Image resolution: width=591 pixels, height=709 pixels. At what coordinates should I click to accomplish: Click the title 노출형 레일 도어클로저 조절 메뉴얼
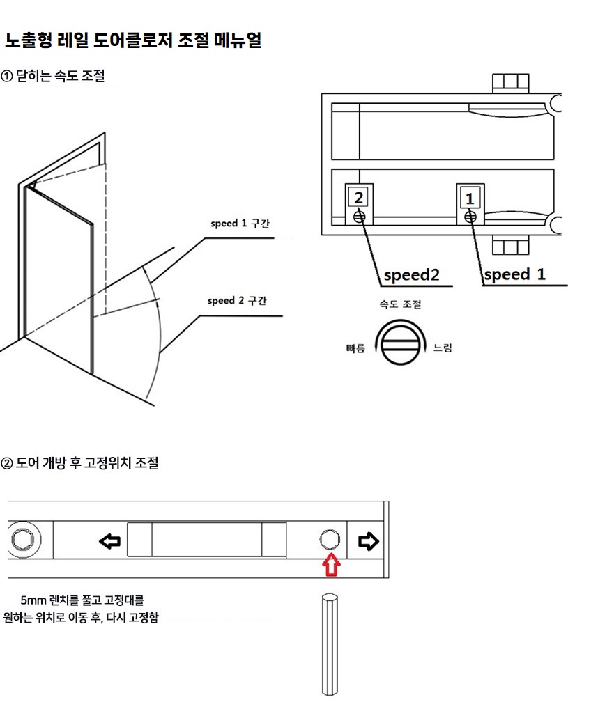[x=132, y=40]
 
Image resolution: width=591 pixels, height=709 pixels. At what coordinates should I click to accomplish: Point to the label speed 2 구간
[x=238, y=301]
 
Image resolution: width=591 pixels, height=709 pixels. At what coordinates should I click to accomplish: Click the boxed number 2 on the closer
[x=358, y=198]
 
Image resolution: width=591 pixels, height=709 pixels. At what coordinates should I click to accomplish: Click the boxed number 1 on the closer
[x=470, y=198]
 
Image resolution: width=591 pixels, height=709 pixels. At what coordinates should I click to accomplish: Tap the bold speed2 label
[x=412, y=275]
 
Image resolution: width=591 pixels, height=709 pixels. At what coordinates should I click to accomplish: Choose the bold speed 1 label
[x=514, y=274]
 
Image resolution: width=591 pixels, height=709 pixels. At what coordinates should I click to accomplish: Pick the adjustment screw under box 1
[x=470, y=217]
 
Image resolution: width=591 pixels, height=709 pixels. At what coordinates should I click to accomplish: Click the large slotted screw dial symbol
[x=400, y=343]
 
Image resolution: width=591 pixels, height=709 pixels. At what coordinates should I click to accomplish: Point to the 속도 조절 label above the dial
[x=400, y=305]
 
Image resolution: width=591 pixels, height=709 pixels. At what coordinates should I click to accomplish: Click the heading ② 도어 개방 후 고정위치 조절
[x=79, y=462]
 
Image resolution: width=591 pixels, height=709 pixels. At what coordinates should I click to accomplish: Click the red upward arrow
[x=331, y=564]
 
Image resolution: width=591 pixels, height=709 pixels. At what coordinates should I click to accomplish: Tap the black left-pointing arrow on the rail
[x=109, y=540]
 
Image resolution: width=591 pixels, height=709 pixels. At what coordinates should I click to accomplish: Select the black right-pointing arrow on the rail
[x=368, y=540]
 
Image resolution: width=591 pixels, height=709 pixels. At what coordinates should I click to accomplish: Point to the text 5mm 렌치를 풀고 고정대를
[x=82, y=600]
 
